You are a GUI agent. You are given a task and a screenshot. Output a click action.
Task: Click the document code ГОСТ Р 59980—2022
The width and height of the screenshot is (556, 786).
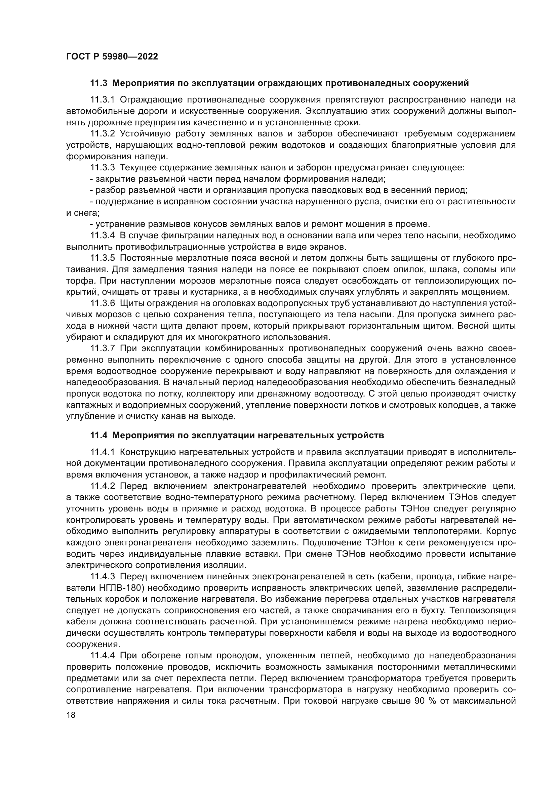[112, 57]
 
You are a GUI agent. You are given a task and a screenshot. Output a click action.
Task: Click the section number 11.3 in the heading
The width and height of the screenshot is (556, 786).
[99, 83]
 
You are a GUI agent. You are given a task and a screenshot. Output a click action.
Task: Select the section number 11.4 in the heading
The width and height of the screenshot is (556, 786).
[99, 436]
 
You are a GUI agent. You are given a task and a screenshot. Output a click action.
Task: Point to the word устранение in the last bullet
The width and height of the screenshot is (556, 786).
[116, 224]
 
